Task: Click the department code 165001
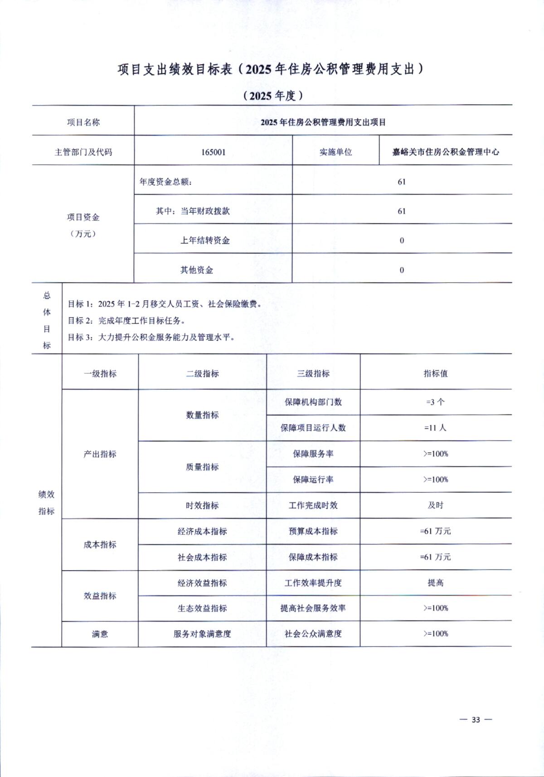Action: tap(213, 152)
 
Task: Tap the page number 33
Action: tap(476, 720)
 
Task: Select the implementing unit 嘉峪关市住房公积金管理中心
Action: tap(446, 152)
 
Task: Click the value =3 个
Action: tap(435, 402)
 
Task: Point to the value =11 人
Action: tap(435, 428)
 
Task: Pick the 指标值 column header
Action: tap(435, 374)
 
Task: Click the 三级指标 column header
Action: tap(313, 374)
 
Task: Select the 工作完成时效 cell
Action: tap(313, 505)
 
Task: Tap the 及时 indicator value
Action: tap(435, 505)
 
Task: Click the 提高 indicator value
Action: tap(435, 583)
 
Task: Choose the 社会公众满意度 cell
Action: tap(313, 634)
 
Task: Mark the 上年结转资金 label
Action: tap(205, 240)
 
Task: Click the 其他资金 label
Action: tap(197, 270)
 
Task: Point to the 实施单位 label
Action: tap(335, 152)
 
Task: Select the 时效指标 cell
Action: tap(202, 505)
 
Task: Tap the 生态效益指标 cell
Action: tap(202, 608)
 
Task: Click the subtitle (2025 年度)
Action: tap(272, 96)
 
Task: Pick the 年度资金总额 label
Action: tap(166, 182)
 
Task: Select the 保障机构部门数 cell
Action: tap(313, 402)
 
